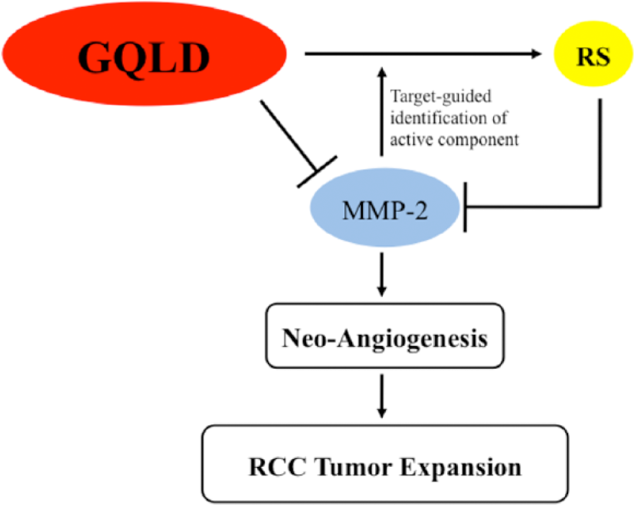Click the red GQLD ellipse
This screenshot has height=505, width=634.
144,53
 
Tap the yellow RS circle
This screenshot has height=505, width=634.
593,53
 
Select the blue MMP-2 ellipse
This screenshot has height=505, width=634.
385,207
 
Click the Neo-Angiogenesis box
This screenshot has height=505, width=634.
385,336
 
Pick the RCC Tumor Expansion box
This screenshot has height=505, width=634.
385,464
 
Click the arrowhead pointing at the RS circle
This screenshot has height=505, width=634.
536,53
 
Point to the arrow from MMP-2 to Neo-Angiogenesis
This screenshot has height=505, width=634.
381,274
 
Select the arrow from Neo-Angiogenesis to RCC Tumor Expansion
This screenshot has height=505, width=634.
381,396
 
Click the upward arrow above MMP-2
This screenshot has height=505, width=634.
381,111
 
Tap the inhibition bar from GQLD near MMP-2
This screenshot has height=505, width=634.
317,172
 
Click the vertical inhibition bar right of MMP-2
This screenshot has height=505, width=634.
465,207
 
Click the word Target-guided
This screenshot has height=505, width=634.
441,97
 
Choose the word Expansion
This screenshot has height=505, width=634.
461,468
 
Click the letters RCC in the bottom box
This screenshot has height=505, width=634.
279,467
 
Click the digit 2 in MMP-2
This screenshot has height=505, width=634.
420,211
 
